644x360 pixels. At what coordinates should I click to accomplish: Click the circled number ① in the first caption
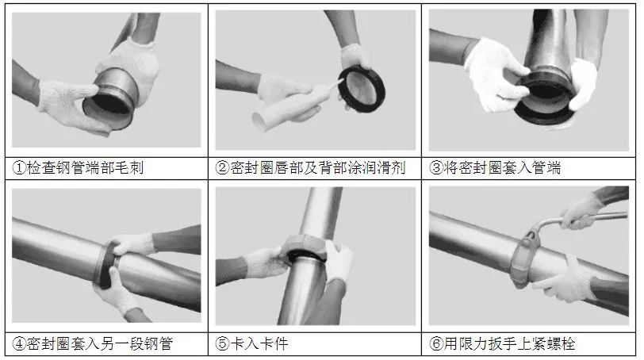point(19,168)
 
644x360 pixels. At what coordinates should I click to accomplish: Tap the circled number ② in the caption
point(222,168)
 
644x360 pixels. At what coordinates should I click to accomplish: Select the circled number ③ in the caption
point(436,168)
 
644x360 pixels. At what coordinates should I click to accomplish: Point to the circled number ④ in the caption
point(19,343)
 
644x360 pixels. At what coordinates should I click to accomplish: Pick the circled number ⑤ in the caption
point(222,343)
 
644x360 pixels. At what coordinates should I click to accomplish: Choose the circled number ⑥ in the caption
point(436,343)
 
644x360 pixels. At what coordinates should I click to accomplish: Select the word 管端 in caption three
point(546,168)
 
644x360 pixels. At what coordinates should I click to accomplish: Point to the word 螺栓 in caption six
point(561,343)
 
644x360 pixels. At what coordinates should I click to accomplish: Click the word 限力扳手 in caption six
point(488,343)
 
